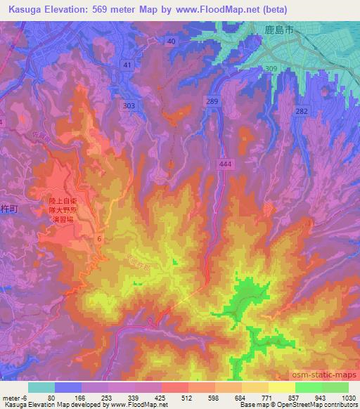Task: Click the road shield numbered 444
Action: click(224, 162)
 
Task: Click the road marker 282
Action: click(302, 112)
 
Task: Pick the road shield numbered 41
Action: click(127, 65)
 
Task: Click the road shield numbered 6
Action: click(99, 240)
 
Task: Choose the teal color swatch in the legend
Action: click(41, 387)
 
